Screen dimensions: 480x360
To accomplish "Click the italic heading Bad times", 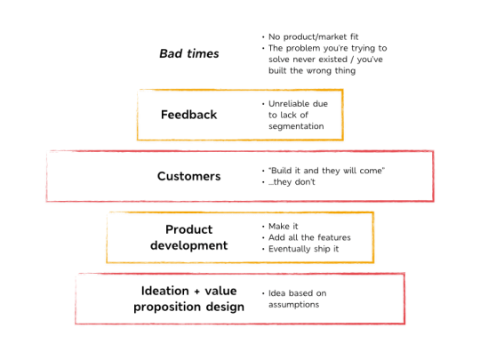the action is pyautogui.click(x=189, y=53).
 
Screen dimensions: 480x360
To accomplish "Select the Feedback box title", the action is pyautogui.click(x=188, y=115).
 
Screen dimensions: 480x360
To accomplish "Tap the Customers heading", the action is pyautogui.click(x=188, y=176).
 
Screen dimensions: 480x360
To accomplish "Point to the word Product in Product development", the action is pyautogui.click(x=188, y=229).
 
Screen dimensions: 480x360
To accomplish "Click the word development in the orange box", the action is pyautogui.click(x=188, y=245).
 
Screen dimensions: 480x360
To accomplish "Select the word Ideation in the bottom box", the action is pyautogui.click(x=165, y=291).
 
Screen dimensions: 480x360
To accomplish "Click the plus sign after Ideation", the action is pyautogui.click(x=196, y=292).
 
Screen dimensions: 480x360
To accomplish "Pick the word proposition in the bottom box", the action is pyautogui.click(x=167, y=307).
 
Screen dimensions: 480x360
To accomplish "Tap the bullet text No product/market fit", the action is pyautogui.click(x=314, y=36).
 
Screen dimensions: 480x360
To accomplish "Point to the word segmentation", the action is pyautogui.click(x=296, y=126).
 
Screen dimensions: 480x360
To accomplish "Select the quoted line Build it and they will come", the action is pyautogui.click(x=326, y=171).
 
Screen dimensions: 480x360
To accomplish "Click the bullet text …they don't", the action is pyautogui.click(x=292, y=182).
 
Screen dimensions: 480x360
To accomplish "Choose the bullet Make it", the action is pyautogui.click(x=284, y=227).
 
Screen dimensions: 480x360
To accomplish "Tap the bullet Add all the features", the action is pyautogui.click(x=309, y=237).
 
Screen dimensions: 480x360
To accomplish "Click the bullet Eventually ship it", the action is pyautogui.click(x=304, y=249).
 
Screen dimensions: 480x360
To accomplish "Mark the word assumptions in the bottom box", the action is pyautogui.click(x=294, y=305).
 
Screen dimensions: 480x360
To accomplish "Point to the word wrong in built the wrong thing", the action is pyautogui.click(x=319, y=71).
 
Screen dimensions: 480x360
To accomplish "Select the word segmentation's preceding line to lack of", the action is pyautogui.click(x=288, y=115).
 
